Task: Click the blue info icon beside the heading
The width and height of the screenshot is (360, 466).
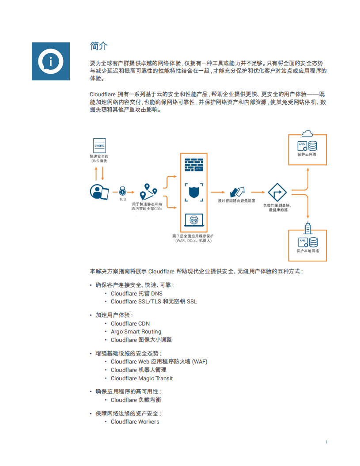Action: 50,61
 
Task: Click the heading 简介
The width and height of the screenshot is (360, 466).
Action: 99,46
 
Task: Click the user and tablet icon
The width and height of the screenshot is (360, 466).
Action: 99,192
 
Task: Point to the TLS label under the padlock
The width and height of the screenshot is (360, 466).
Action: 122,199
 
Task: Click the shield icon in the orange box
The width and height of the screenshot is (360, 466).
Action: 193,193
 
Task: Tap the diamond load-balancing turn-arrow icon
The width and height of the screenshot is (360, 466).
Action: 277,193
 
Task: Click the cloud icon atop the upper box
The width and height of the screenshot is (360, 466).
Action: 307,133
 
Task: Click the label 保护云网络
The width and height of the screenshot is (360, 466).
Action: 307,155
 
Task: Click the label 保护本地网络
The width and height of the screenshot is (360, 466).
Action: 307,251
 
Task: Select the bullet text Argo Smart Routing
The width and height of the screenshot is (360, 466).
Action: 136,332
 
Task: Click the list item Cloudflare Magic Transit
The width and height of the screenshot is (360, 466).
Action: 142,379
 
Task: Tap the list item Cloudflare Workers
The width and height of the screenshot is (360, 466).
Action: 135,422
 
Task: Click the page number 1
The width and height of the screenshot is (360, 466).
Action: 326,442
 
